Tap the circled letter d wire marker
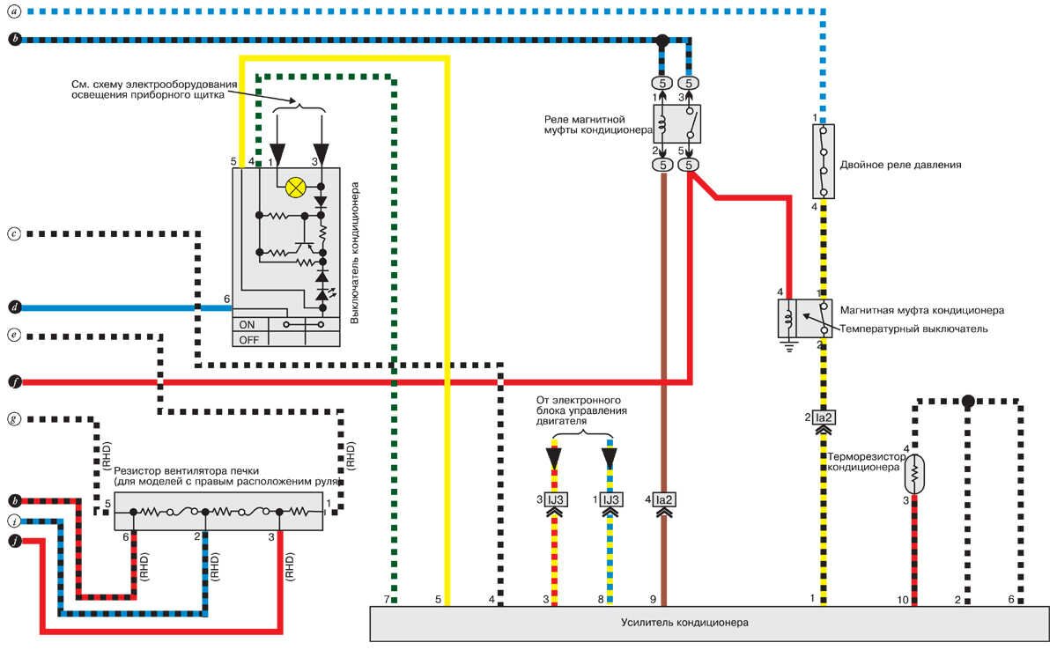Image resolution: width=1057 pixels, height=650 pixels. tap(14, 307)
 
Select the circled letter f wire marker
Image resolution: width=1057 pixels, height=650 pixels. tap(14, 381)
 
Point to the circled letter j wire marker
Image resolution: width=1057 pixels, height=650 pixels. tap(14, 538)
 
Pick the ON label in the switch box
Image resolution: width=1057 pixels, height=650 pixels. tap(248, 324)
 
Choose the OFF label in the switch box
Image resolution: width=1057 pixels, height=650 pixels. tap(249, 339)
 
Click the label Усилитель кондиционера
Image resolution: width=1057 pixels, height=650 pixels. tap(696, 623)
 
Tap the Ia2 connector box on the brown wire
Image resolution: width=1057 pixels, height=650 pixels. tap(665, 500)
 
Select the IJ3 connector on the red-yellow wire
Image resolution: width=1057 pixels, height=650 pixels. tap(556, 500)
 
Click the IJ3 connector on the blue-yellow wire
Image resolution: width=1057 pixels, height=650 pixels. tap(610, 500)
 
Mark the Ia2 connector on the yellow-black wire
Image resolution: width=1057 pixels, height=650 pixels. tap(824, 417)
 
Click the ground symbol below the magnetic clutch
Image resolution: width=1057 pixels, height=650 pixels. tap(788, 346)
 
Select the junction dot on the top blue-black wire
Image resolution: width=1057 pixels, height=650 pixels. tap(662, 41)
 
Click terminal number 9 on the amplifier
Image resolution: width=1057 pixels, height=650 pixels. tap(654, 600)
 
